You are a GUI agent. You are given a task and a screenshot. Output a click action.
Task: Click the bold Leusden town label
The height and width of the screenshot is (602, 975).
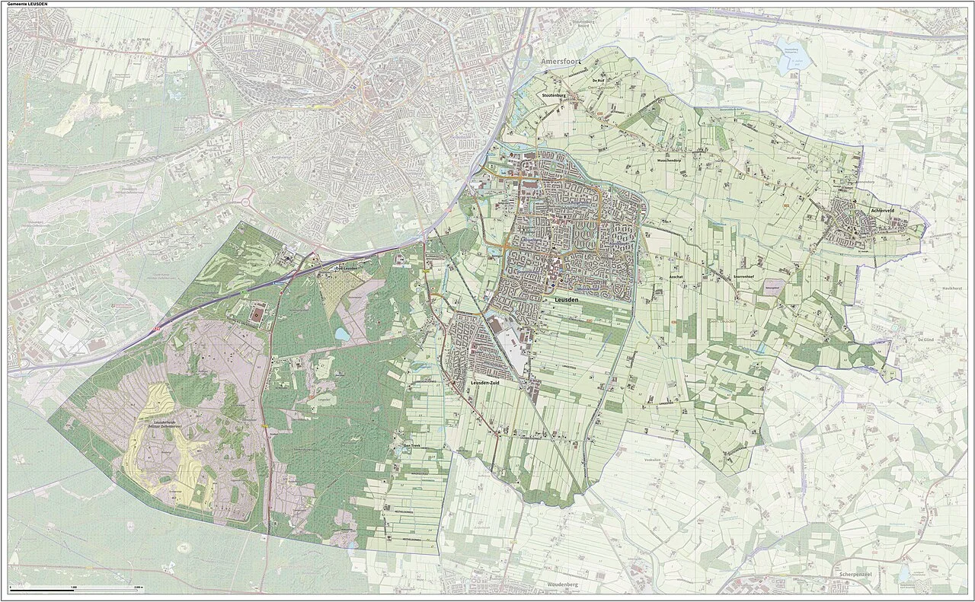click(x=564, y=301)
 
